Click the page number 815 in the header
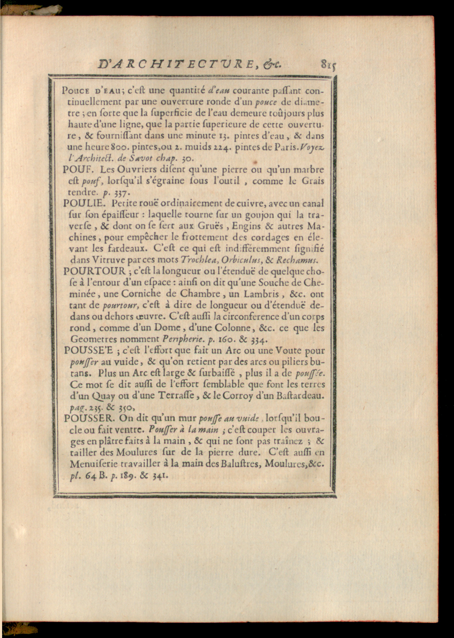click(x=328, y=65)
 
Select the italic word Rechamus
click(x=297, y=260)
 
